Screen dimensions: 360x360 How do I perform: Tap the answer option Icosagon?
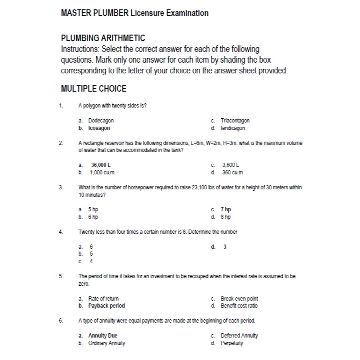(x=99, y=128)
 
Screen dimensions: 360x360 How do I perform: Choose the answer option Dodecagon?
(x=101, y=121)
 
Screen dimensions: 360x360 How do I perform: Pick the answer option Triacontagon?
(x=235, y=121)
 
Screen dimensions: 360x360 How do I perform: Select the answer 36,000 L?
(x=101, y=165)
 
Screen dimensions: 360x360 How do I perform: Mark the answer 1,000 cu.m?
(x=103, y=173)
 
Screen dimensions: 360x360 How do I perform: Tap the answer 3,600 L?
(x=230, y=165)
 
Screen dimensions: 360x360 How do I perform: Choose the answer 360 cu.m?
(x=232, y=173)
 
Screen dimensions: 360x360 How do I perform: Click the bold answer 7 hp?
(x=226, y=209)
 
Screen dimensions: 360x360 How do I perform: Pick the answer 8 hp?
(x=226, y=217)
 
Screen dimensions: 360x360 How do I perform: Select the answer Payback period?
(x=107, y=306)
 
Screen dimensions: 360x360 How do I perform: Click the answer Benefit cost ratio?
(x=239, y=306)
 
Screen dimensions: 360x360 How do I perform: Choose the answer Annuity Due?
(x=103, y=336)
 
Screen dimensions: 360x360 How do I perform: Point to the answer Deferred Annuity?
(x=239, y=336)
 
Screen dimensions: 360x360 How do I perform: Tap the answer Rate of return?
(x=103, y=298)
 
